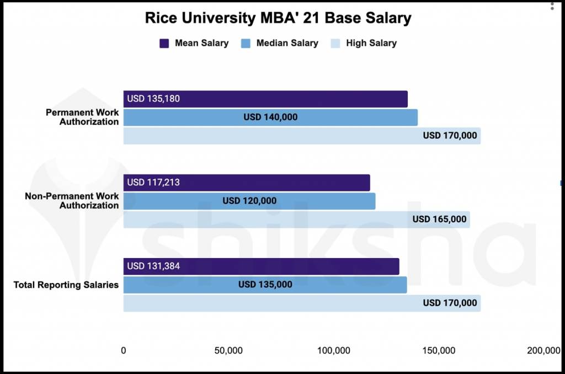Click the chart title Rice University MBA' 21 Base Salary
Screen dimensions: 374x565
278,18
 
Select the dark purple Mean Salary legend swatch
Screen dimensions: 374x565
164,43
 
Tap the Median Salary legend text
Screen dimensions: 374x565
287,43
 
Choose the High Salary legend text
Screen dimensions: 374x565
371,43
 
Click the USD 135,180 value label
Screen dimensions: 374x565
153,99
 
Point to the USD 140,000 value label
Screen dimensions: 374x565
270,117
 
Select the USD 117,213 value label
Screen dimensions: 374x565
153,183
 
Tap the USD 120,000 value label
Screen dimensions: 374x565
249,201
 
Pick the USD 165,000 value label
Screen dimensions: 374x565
439,219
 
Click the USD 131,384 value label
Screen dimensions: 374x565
153,266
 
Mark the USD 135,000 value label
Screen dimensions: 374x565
265,285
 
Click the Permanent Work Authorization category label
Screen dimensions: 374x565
82,117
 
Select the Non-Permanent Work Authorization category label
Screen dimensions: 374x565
72,201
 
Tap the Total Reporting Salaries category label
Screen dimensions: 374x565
66,285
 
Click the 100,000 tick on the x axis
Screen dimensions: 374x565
334,351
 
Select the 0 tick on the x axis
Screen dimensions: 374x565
124,351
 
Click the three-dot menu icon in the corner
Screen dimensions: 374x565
552,6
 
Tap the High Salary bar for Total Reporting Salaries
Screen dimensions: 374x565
301,303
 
